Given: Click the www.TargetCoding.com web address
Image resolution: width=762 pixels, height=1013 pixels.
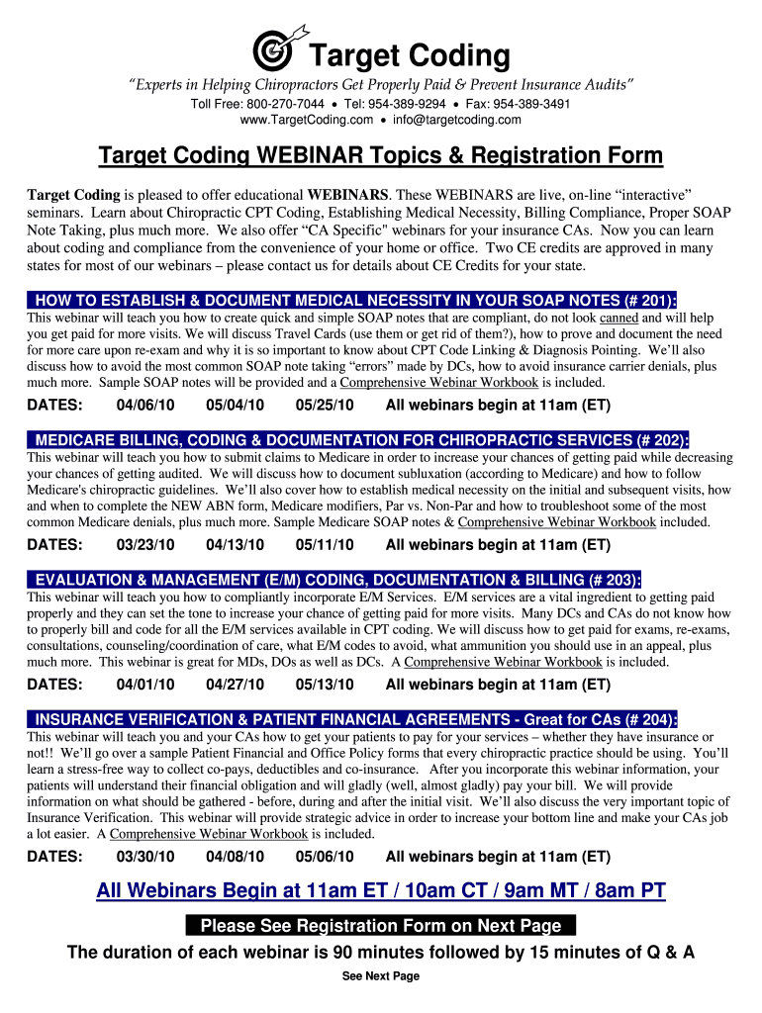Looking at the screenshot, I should click(x=307, y=120).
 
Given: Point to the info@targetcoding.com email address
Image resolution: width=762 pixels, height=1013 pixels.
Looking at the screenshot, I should click(x=456, y=120).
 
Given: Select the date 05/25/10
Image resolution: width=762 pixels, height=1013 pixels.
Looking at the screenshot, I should click(x=325, y=405).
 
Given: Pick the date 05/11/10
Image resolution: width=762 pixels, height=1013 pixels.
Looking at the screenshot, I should click(x=325, y=544).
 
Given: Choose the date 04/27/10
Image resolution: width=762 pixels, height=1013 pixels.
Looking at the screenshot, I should click(x=236, y=685).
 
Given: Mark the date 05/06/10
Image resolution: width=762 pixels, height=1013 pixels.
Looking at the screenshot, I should click(x=325, y=857).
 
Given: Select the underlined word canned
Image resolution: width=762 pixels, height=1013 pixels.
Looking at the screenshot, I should click(x=619, y=319).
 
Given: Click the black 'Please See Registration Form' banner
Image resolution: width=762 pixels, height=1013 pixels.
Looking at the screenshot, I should click(x=381, y=926).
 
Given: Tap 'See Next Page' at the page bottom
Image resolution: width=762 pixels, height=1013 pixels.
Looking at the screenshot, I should click(x=381, y=976).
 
